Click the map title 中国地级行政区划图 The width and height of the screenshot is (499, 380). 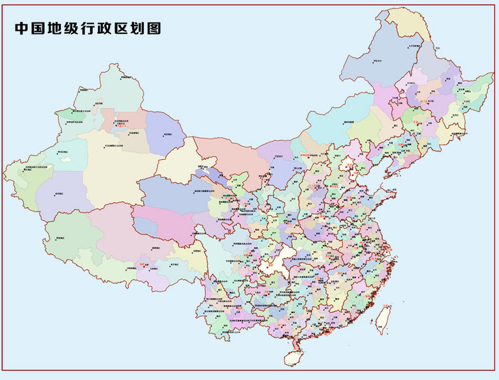tap(87, 29)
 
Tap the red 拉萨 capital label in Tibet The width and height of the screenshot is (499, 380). tap(143, 262)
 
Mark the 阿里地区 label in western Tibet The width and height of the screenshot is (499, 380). tap(62, 237)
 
